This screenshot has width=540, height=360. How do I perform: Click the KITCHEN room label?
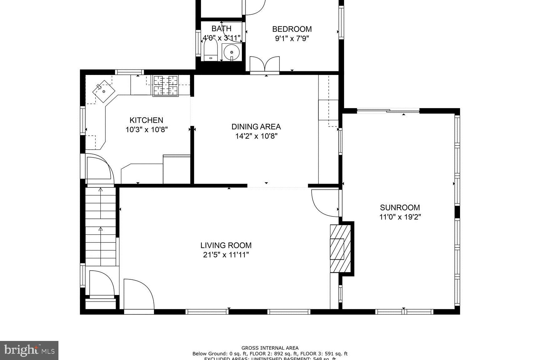146,120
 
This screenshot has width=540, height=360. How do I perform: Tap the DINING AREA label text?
256,127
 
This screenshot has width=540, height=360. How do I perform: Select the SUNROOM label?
400,207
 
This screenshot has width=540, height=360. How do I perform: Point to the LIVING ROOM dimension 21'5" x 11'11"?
226,255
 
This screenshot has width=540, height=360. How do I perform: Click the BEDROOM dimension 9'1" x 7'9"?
292,39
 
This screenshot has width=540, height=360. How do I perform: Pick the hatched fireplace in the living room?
340,248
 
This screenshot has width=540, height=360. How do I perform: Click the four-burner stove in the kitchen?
165,86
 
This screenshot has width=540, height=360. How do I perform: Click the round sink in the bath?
232,52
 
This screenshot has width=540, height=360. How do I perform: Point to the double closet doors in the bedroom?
264,64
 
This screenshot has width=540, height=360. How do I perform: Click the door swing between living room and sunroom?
325,203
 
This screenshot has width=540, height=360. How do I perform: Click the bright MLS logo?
29,350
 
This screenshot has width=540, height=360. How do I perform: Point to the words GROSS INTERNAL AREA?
270,348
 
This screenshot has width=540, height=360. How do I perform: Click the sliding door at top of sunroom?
388,110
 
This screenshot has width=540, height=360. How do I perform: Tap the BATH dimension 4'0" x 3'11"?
222,38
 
